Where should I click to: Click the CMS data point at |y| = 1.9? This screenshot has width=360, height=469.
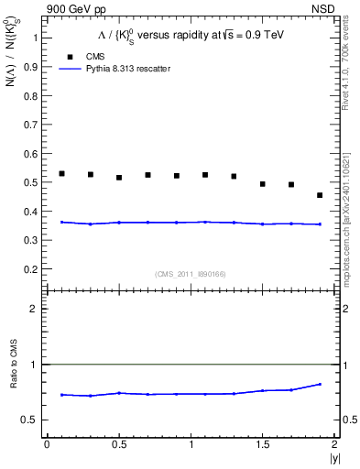(x=320, y=195)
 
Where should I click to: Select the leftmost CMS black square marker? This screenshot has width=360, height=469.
(x=61, y=173)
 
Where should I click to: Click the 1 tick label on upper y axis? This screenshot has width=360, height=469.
(x=35, y=38)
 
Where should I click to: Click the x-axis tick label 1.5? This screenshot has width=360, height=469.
(x=262, y=444)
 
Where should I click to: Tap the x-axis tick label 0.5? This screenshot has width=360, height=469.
(x=118, y=444)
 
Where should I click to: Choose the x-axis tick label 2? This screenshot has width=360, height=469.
(x=334, y=444)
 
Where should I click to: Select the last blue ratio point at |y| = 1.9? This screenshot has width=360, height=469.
(x=320, y=384)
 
